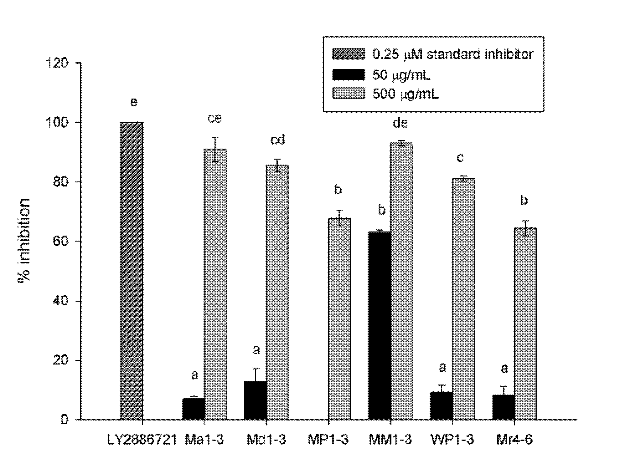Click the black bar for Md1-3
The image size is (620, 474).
coord(255,400)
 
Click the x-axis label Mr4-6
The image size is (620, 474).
coord(514,440)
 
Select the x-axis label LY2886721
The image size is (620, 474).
coord(142,440)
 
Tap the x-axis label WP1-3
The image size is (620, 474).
coord(452,440)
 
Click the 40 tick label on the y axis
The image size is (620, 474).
coord(60,301)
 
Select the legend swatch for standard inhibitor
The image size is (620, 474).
coord(349,54)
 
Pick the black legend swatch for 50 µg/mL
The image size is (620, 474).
coord(349,74)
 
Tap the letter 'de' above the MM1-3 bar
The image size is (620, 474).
coord(400,123)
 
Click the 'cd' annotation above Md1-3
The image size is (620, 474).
coord(277,140)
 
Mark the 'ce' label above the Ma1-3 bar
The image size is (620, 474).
coord(214,118)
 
